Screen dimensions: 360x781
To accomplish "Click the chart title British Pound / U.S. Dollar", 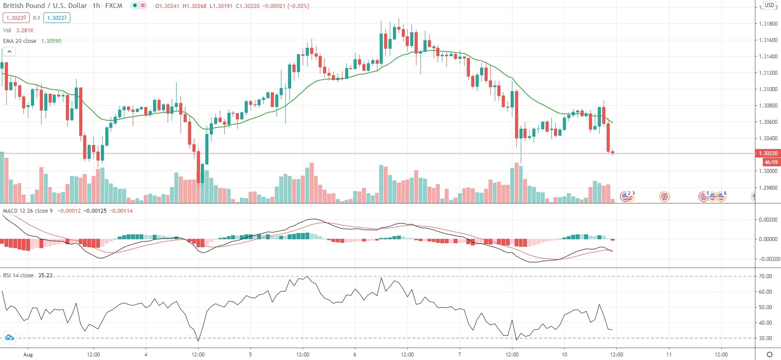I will pyautogui.click(x=45, y=6).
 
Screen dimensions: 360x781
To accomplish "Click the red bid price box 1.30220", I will pyautogui.click(x=16, y=18).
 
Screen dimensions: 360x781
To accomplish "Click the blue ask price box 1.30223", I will pyautogui.click(x=57, y=18).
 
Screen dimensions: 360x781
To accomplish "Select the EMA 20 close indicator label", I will pyautogui.click(x=20, y=41).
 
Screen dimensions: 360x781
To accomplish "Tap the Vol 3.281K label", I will pyautogui.click(x=18, y=30).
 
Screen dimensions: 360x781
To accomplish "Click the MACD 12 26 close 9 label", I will pyautogui.click(x=27, y=211).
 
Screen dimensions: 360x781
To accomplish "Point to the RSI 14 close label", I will pyautogui.click(x=18, y=275).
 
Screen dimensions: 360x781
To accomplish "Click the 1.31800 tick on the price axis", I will pyautogui.click(x=768, y=24).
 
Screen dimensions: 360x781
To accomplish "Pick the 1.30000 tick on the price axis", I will pyautogui.click(x=768, y=171).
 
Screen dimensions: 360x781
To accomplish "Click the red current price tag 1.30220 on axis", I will pyautogui.click(x=768, y=153).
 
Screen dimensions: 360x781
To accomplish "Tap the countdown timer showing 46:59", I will pyautogui.click(x=770, y=162).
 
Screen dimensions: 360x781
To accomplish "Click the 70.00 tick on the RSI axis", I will pyautogui.click(x=766, y=276).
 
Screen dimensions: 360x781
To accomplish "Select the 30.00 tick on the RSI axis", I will pyautogui.click(x=766, y=338).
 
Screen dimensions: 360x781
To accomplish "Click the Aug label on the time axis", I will pyautogui.click(x=28, y=354).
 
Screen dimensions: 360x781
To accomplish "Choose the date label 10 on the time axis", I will pyautogui.click(x=564, y=354).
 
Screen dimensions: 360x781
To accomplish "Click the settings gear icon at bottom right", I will pyautogui.click(x=769, y=354).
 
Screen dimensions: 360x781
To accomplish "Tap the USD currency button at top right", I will pyautogui.click(x=769, y=5).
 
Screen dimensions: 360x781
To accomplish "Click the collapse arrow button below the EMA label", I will pyautogui.click(x=9, y=52).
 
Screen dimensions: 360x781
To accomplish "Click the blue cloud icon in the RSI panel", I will pyautogui.click(x=9, y=338).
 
